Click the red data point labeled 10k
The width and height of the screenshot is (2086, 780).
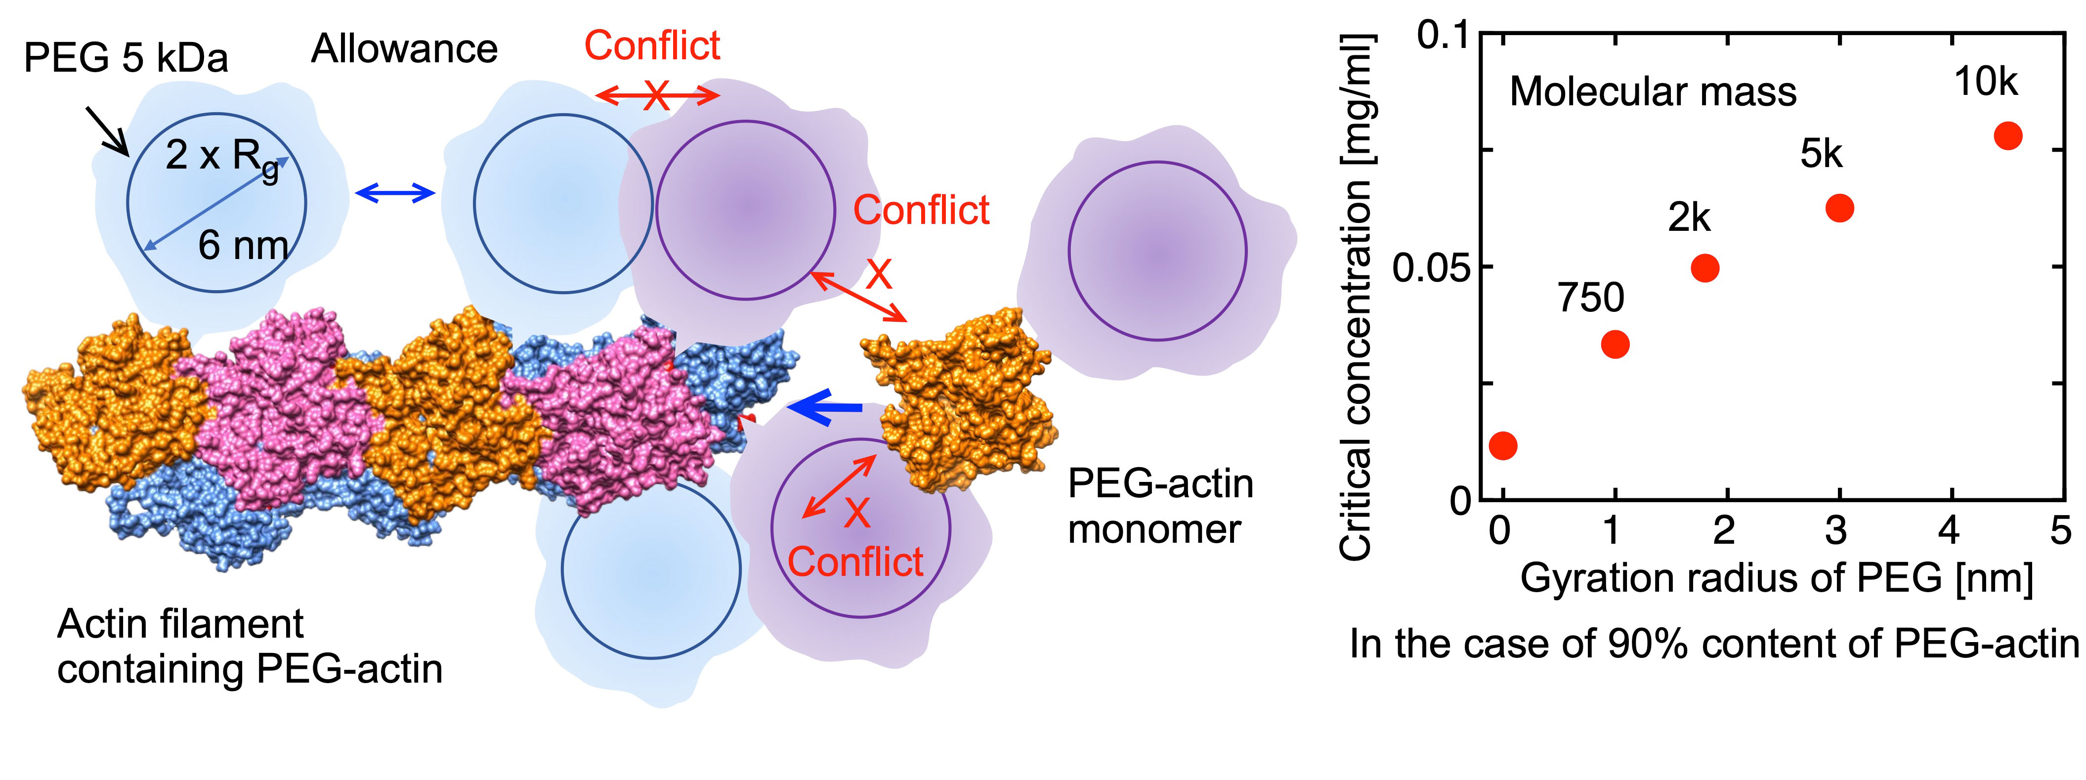2007,135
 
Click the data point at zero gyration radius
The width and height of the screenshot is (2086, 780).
1503,445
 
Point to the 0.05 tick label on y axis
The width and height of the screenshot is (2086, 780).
1431,268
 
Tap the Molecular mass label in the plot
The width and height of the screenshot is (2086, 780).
1653,91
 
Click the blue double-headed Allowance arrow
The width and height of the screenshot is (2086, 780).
395,193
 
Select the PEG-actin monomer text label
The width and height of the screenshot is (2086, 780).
1159,506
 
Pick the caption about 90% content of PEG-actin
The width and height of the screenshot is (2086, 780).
1713,645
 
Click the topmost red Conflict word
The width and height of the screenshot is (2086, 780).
652,45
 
